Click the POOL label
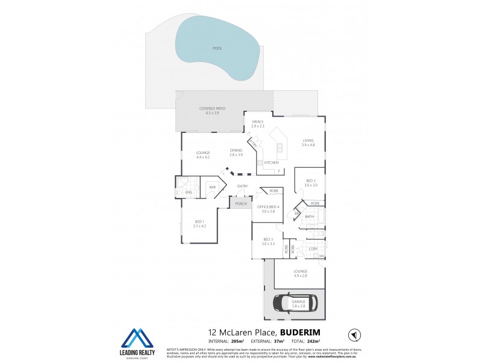pos(217,48)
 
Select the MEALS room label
pos(258,122)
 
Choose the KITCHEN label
pos(271,162)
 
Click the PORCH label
pos(240,203)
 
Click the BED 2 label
pos(310,181)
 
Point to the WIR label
pos(213,187)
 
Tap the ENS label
pos(189,193)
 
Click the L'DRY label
pos(313,248)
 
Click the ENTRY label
pos(243,186)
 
